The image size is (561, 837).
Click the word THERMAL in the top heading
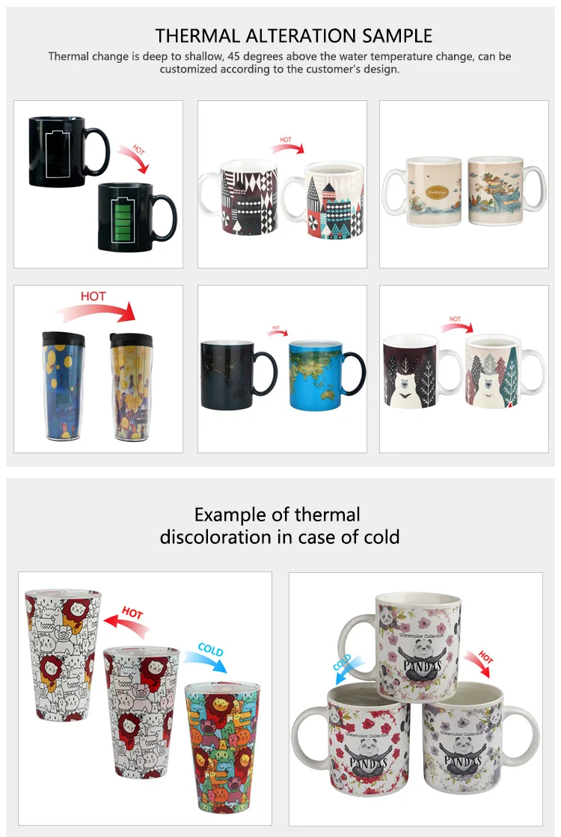[x=190, y=35]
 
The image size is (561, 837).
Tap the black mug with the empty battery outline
[x=60, y=150]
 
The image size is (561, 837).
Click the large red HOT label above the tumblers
[x=93, y=296]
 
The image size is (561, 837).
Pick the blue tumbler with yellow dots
[x=62, y=389]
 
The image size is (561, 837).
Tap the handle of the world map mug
[x=358, y=374]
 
